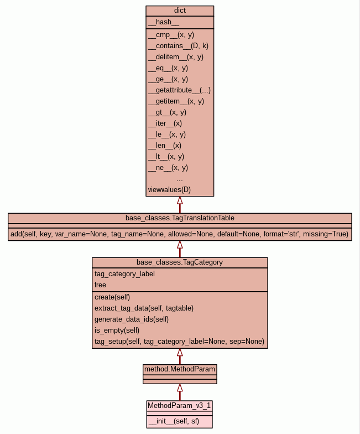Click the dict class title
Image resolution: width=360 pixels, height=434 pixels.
180,11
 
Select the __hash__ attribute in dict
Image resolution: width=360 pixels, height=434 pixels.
164,22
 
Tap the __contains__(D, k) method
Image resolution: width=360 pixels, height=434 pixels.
178,45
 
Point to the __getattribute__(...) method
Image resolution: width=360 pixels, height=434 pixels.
179,90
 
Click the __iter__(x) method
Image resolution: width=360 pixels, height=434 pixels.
165,123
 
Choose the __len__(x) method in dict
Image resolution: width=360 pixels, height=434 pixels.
164,145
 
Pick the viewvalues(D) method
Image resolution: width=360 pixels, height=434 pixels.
169,190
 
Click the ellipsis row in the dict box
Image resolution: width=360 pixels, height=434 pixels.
180,179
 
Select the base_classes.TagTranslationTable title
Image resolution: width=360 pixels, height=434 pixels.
180,218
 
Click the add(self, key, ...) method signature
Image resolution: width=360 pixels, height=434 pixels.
180,234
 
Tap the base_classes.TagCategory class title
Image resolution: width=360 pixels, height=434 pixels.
180,262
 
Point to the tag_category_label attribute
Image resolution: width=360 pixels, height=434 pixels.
124,273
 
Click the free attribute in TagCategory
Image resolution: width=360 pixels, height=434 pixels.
100,285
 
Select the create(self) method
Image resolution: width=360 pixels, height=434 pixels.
112,297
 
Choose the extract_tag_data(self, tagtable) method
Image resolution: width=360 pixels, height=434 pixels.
144,308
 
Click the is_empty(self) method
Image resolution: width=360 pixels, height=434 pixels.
117,330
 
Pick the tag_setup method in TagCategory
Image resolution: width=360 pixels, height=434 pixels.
179,341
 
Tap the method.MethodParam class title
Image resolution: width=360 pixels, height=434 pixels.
180,369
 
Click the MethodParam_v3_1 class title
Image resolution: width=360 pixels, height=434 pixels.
180,405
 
